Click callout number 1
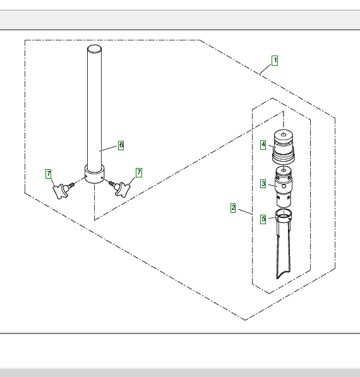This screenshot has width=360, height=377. coord(275,61)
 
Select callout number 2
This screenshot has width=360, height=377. coord(233,208)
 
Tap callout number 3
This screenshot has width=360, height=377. coord(263,184)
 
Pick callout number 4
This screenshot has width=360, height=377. coord(263,145)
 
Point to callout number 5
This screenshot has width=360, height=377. coord(263,219)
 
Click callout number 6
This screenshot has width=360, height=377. coord(121,145)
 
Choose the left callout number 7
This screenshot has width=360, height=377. coord(49,174)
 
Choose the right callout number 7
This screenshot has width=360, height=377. coord(139,172)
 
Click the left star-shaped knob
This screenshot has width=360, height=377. coord(60,191)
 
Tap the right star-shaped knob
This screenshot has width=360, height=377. coord(123,189)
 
